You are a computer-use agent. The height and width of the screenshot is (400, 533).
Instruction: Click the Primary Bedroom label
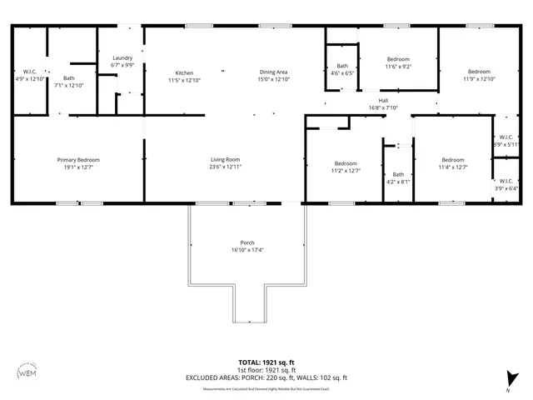point(78,160)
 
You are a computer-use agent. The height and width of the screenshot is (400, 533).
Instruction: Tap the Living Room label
point(225,160)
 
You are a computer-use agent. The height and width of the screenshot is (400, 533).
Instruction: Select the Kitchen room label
point(184,72)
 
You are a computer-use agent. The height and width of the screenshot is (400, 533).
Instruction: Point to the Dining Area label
point(273,72)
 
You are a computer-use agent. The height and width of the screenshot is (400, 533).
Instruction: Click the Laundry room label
point(122,57)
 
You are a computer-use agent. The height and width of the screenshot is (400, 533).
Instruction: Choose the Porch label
point(248,242)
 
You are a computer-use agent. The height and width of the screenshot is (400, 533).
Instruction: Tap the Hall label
point(383,100)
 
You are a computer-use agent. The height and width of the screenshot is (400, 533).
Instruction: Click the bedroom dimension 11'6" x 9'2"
point(398,66)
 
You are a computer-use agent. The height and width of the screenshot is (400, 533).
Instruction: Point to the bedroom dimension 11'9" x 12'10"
point(479,79)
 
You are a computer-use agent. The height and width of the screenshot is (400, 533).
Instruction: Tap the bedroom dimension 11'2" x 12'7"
point(346,170)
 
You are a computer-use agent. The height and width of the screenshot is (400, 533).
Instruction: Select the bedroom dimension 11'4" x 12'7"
point(452,167)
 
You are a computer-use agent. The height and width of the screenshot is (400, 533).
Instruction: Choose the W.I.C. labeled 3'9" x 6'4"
point(506,187)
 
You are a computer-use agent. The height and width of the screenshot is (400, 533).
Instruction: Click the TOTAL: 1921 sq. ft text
point(266,362)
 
